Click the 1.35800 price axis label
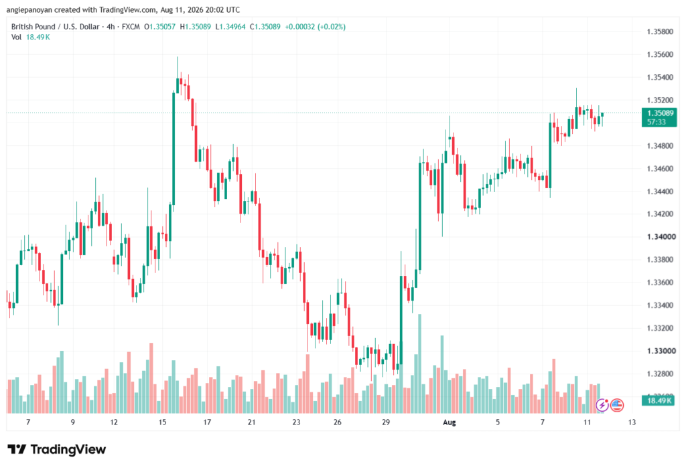click(660, 31)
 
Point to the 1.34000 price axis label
click(661, 236)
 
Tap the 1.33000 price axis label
click(661, 351)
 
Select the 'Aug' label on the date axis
click(450, 422)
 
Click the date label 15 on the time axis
click(162, 422)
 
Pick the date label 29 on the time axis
click(385, 422)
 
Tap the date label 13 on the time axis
click(632, 422)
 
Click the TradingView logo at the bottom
click(56, 449)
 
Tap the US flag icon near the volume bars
click(617, 406)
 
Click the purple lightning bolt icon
click(602, 406)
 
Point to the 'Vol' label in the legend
click(16, 37)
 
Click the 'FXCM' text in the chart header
click(131, 27)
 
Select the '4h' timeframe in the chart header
click(111, 27)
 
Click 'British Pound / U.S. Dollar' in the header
click(55, 27)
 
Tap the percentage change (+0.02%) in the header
click(331, 27)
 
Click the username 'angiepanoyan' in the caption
click(29, 9)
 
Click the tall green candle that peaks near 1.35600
click(174, 148)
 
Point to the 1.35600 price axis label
click(660, 54)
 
